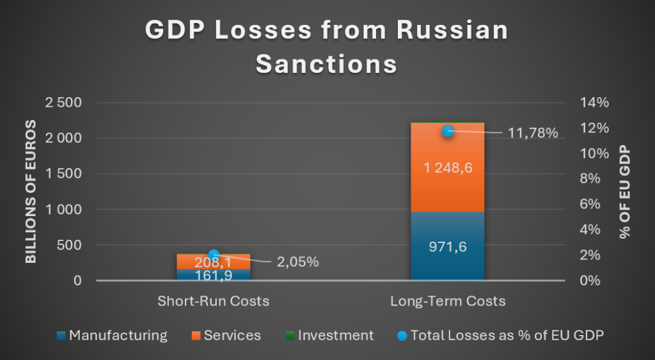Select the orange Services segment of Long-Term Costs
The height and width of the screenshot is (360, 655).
448,192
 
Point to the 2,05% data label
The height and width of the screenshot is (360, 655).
297,262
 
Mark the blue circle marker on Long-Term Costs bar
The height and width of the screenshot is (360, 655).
448,131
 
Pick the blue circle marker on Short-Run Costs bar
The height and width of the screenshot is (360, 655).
214,254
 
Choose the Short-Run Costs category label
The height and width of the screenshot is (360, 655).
214,301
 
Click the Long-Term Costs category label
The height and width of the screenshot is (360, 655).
448,301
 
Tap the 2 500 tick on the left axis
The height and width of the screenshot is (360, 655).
64,103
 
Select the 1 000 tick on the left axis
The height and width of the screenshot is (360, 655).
64,210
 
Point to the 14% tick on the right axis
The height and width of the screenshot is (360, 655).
595,103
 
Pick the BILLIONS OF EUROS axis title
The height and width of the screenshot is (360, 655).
31,192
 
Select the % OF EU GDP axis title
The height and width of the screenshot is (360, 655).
624,192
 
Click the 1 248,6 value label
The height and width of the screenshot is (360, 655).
448,168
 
